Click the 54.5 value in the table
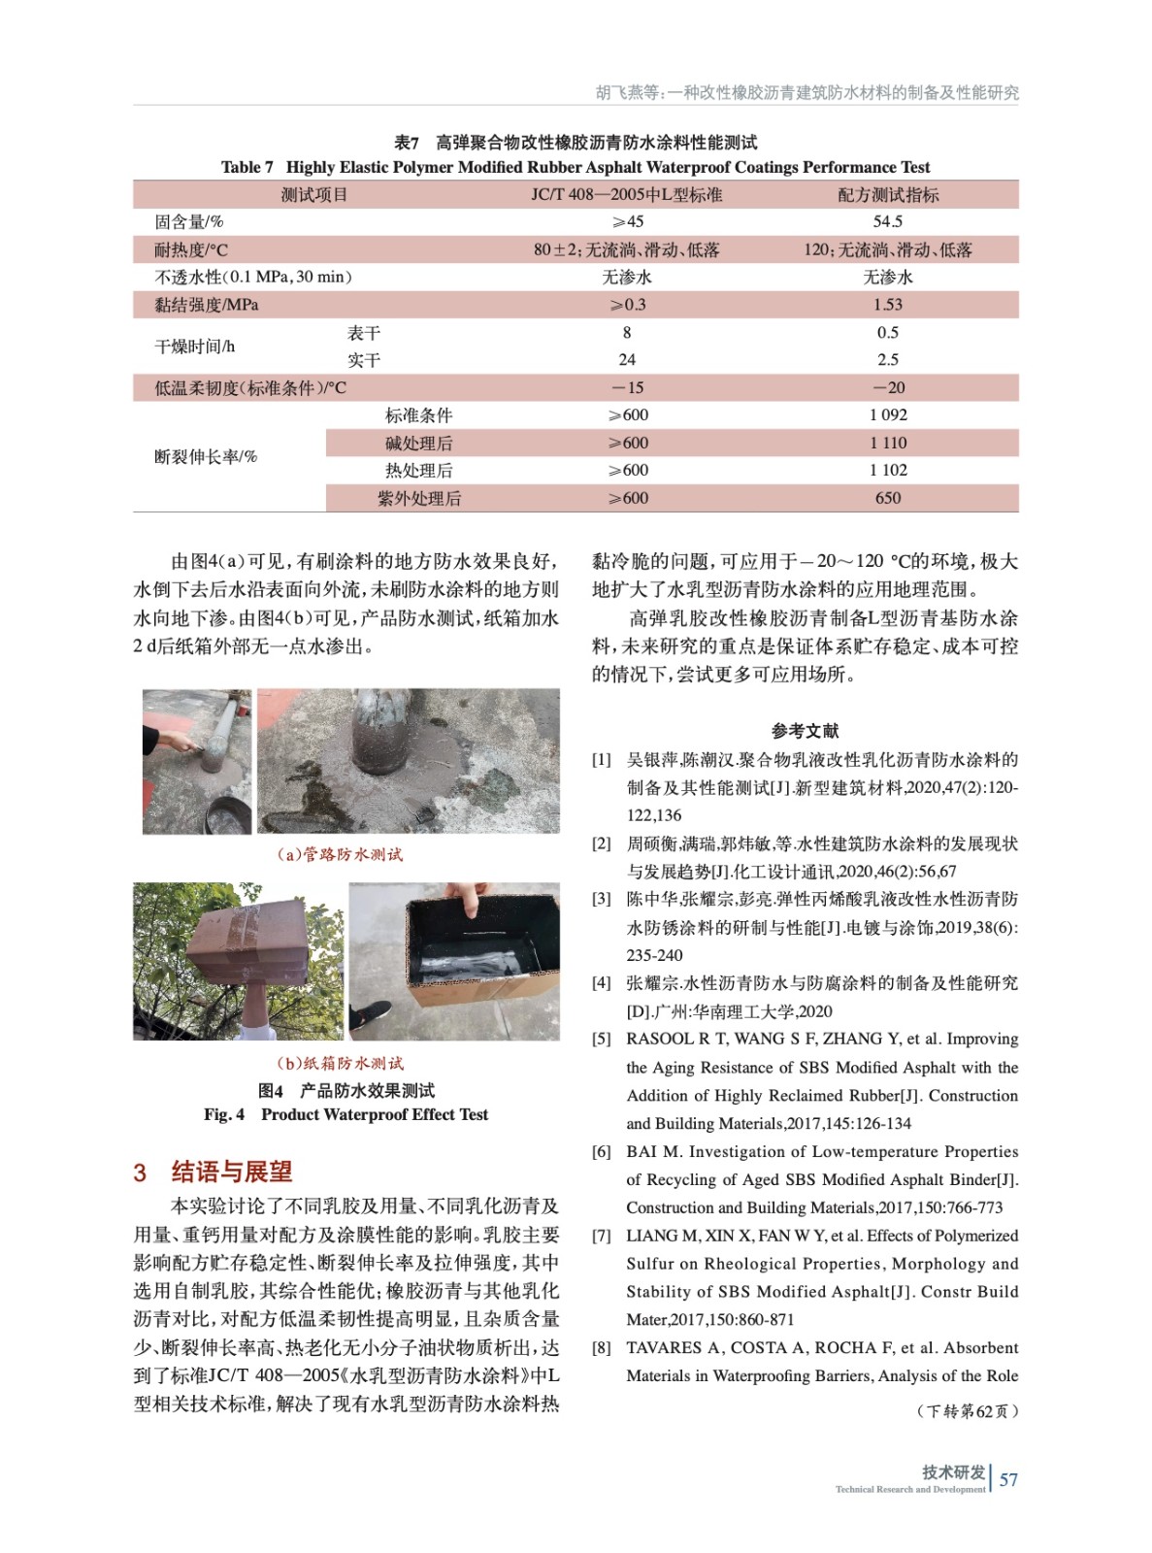pyautogui.click(x=887, y=221)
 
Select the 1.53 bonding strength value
pyautogui.click(x=887, y=304)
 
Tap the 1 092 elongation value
pyautogui.click(x=887, y=414)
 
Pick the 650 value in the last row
pyautogui.click(x=887, y=498)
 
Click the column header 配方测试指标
pyautogui.click(x=887, y=194)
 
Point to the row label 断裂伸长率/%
pyautogui.click(x=206, y=456)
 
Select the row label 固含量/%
pyautogui.click(x=189, y=221)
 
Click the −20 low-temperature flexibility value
pyautogui.click(x=887, y=387)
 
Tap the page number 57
pyautogui.click(x=1008, y=1479)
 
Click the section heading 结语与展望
pyautogui.click(x=231, y=1172)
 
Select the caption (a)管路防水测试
pyautogui.click(x=340, y=854)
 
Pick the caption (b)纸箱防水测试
pyautogui.click(x=340, y=1063)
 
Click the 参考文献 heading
pyautogui.click(x=805, y=730)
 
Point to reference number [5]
pyautogui.click(x=602, y=1039)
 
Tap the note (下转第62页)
pyautogui.click(x=968, y=1410)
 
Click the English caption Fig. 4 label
pyautogui.click(x=224, y=1114)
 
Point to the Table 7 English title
pyautogui.click(x=575, y=167)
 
